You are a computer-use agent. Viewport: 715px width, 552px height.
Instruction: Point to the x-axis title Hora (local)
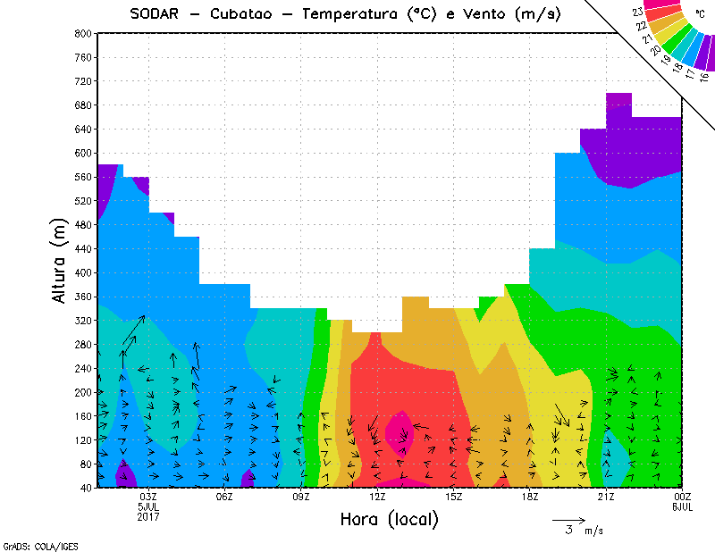tap(389, 519)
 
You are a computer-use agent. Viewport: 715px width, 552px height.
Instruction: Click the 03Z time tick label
tap(149, 497)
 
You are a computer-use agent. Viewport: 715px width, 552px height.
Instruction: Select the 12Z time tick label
tap(378, 497)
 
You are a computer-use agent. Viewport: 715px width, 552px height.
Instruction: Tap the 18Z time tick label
tap(530, 497)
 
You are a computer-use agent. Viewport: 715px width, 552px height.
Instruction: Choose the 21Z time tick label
tap(606, 497)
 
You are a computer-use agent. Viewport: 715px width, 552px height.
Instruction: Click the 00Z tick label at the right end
tap(683, 497)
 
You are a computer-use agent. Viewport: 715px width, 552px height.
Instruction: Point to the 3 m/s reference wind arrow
tap(568, 519)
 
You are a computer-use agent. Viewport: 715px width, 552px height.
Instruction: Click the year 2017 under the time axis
tap(149, 516)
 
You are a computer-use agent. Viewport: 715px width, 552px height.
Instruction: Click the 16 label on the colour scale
tap(704, 77)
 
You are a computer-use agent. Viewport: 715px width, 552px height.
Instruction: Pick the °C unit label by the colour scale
tap(699, 13)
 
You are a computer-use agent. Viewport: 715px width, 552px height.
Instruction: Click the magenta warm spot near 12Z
tap(398, 430)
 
